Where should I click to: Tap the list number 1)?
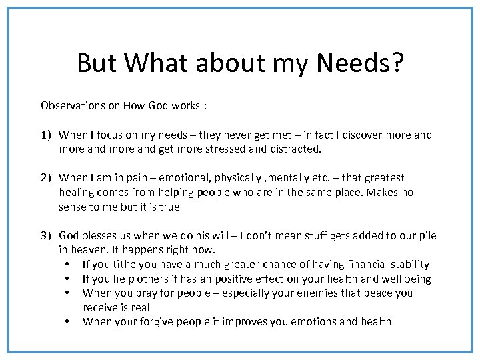pos(46,135)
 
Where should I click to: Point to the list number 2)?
pos(46,177)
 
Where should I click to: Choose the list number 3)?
pos(46,235)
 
